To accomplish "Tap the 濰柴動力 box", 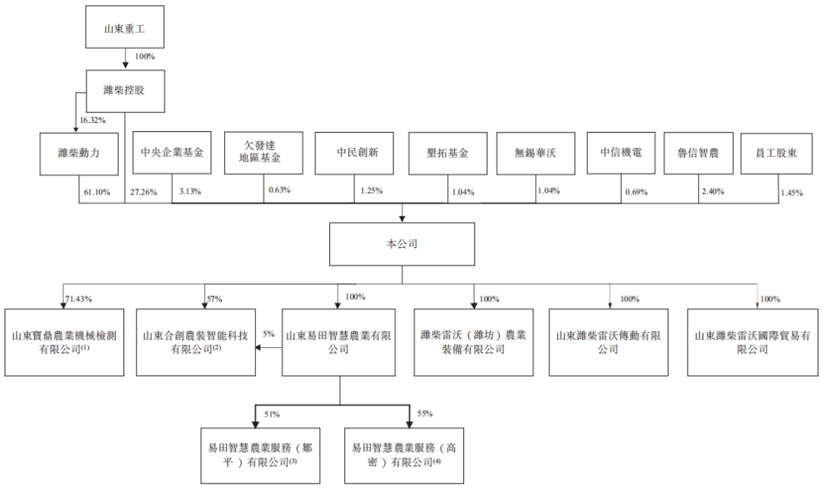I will pyautogui.click(x=79, y=153).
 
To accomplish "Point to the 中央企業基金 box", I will pyautogui.click(x=171, y=153).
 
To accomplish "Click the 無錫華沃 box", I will pyautogui.click(x=535, y=153).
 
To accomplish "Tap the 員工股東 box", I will pyautogui.click(x=777, y=153).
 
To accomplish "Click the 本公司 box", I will pyautogui.click(x=402, y=244).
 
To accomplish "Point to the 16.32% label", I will pyautogui.click(x=91, y=120).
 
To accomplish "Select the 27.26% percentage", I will pyautogui.click(x=143, y=192).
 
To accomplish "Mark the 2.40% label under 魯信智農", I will pyautogui.click(x=713, y=191).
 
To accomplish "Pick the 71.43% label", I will pyautogui.click(x=79, y=298).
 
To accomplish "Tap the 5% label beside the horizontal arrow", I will pyautogui.click(x=267, y=333).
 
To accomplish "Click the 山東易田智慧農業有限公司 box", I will pyautogui.click(x=338, y=342).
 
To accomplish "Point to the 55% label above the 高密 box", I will pyautogui.click(x=424, y=413).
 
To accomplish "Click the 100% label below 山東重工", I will pyautogui.click(x=144, y=56).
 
